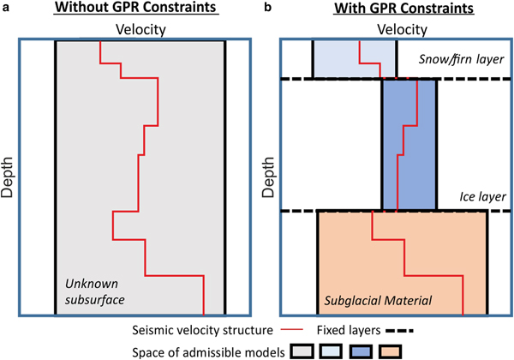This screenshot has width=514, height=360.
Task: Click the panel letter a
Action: click(x=5, y=8)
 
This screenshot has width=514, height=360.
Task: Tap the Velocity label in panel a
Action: click(x=140, y=30)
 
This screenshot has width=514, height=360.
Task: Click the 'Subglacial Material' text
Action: click(x=376, y=301)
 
